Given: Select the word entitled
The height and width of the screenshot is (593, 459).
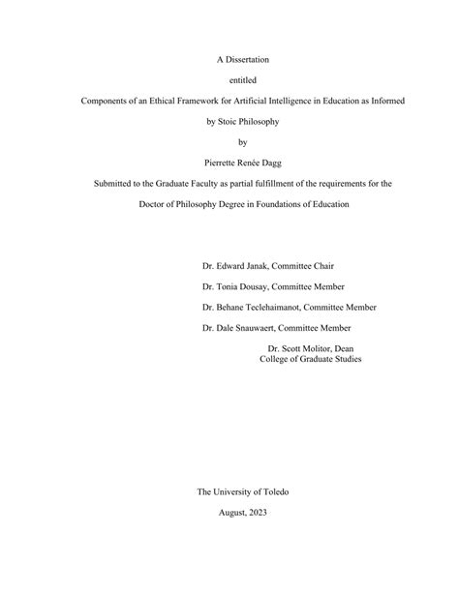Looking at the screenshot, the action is click(x=229, y=78).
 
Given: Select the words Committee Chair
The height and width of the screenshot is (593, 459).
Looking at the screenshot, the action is click(x=308, y=264).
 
